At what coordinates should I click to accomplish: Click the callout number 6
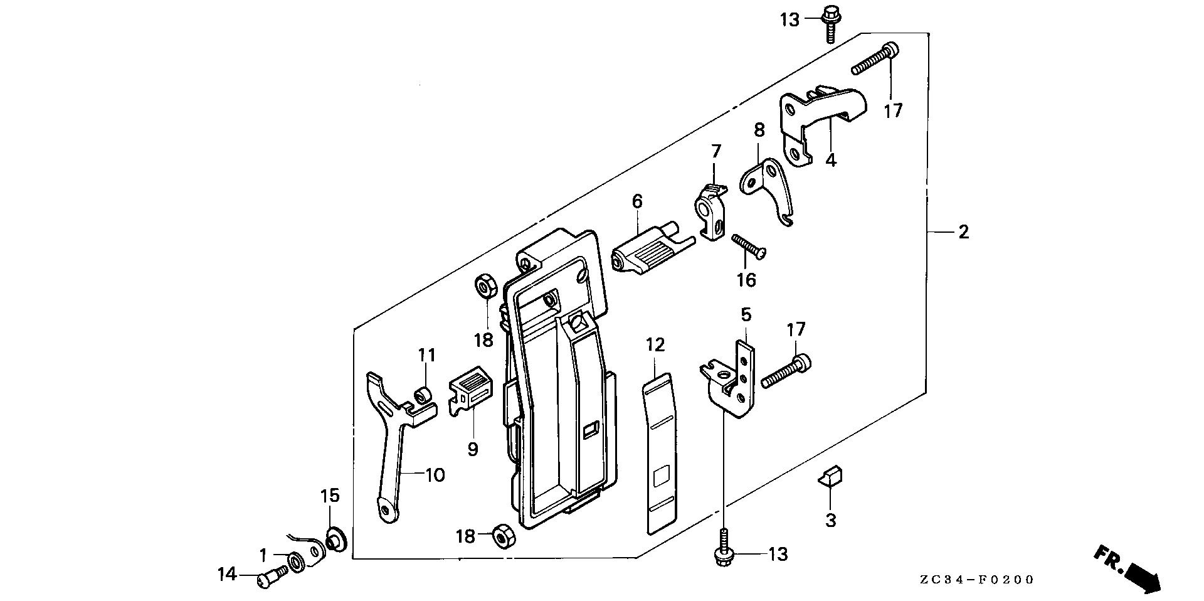(x=637, y=201)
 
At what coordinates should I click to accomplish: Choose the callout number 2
(x=963, y=232)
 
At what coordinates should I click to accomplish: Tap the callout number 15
(x=330, y=496)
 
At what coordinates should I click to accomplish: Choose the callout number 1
(x=264, y=555)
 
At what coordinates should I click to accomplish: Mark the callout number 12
(x=655, y=344)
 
